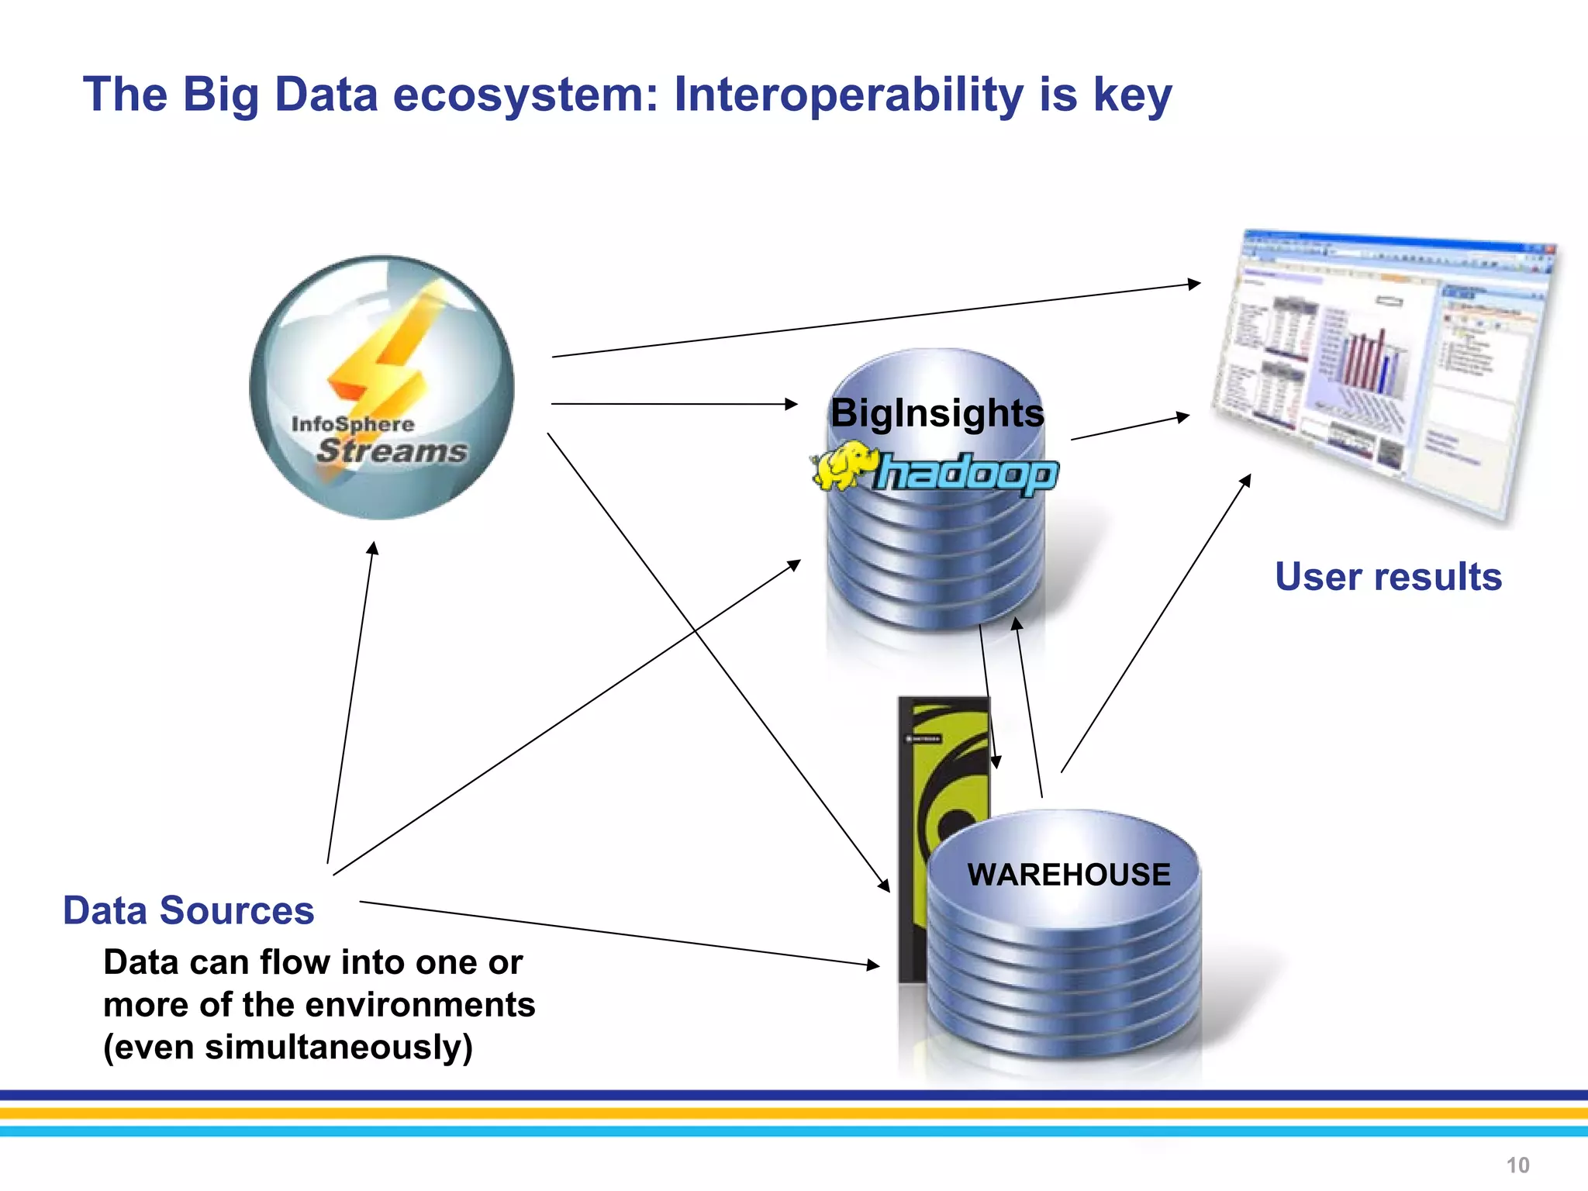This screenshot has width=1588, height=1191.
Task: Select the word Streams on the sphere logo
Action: (x=392, y=451)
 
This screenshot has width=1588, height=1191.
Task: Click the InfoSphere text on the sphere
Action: (x=353, y=424)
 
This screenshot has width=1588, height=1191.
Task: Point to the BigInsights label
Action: (x=937, y=413)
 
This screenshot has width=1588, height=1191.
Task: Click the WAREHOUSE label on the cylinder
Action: (x=1068, y=875)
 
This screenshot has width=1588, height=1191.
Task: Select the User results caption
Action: (x=1388, y=577)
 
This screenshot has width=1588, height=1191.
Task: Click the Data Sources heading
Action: (x=188, y=910)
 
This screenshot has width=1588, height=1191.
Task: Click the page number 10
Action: (x=1517, y=1165)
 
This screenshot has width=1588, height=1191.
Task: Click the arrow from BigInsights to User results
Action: (x=1129, y=427)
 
